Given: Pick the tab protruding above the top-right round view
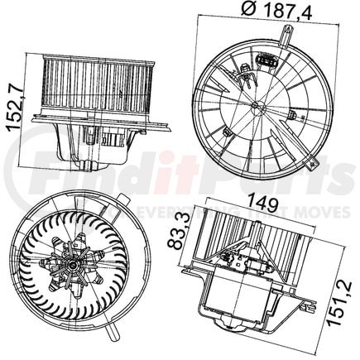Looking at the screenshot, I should [x=286, y=34].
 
